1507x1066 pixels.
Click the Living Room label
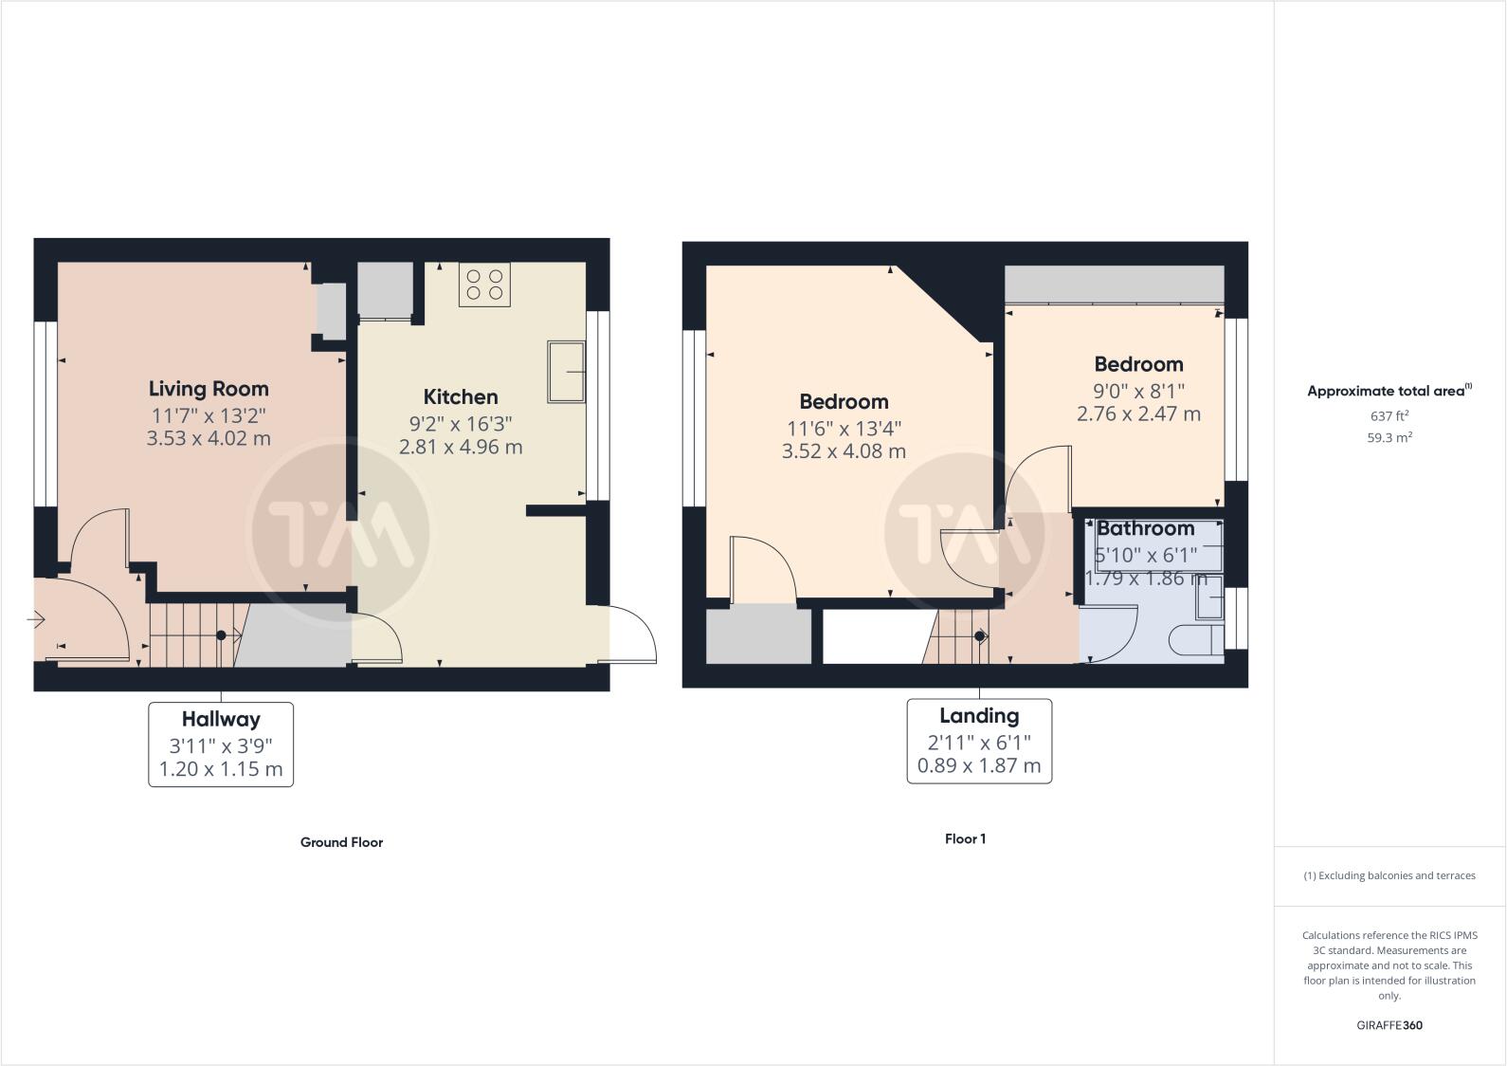[209, 389]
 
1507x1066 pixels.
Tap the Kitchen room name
[461, 397]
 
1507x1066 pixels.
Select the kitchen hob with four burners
[484, 285]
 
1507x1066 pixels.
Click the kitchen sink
[566, 373]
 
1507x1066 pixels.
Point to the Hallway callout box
[221, 744]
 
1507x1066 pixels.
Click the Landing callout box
[979, 741]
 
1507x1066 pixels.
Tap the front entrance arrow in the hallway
[36, 620]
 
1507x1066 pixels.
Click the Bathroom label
[1145, 529]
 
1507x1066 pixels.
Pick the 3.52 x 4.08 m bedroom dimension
[844, 451]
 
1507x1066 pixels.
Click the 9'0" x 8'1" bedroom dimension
[1138, 391]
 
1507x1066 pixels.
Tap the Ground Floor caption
[341, 842]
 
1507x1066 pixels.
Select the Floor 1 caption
[965, 838]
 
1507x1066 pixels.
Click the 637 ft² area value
[1389, 415]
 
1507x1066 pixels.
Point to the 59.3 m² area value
[1389, 438]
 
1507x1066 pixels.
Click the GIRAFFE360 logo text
[1389, 1025]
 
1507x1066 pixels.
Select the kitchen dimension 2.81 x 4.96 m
[461, 447]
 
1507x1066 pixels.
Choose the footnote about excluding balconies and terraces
[1389, 875]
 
